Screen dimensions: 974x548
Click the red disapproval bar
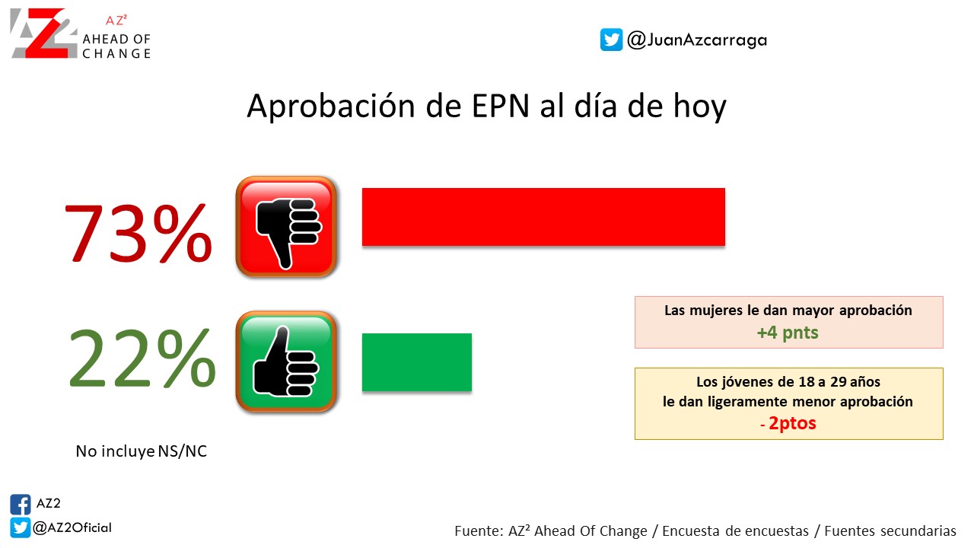pyautogui.click(x=543, y=217)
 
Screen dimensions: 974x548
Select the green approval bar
pyautogui.click(x=417, y=362)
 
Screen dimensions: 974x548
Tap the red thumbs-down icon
pyautogui.click(x=287, y=227)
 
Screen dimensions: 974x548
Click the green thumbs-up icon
pyautogui.click(x=287, y=362)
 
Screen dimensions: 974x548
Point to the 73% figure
pyautogui.click(x=138, y=233)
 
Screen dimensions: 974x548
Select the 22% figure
pyautogui.click(x=142, y=358)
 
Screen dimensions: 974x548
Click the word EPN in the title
pyautogui.click(x=501, y=106)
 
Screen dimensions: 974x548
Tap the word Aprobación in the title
pyautogui.click(x=331, y=106)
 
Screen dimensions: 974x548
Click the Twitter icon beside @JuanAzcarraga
pyautogui.click(x=611, y=40)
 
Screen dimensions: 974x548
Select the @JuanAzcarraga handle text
pyautogui.click(x=697, y=40)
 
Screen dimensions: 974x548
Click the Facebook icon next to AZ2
pyautogui.click(x=21, y=505)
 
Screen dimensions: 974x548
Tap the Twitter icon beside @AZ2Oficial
pyautogui.click(x=21, y=528)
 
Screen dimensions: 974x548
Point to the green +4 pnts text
pyautogui.click(x=788, y=333)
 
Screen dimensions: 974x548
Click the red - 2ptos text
pyautogui.click(x=788, y=423)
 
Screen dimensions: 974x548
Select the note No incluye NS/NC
pyautogui.click(x=142, y=451)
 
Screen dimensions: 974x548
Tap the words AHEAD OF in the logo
pyautogui.click(x=116, y=39)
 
